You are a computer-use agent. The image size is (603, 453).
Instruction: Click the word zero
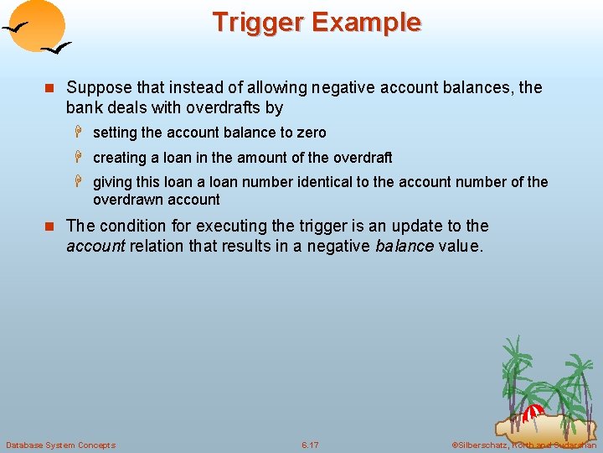(x=310, y=133)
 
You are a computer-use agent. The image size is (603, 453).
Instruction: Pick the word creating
(x=118, y=158)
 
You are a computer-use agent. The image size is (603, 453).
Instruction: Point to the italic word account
(x=95, y=246)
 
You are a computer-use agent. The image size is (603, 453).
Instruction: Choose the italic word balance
(x=405, y=246)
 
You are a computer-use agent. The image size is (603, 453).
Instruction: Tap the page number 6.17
(x=309, y=445)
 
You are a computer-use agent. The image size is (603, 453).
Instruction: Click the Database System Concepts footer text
(x=60, y=445)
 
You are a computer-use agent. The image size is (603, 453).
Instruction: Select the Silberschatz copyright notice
(x=523, y=445)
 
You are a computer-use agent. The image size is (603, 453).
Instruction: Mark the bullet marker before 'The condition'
(x=49, y=226)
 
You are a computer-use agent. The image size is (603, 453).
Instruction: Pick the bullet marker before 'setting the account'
(x=80, y=133)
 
